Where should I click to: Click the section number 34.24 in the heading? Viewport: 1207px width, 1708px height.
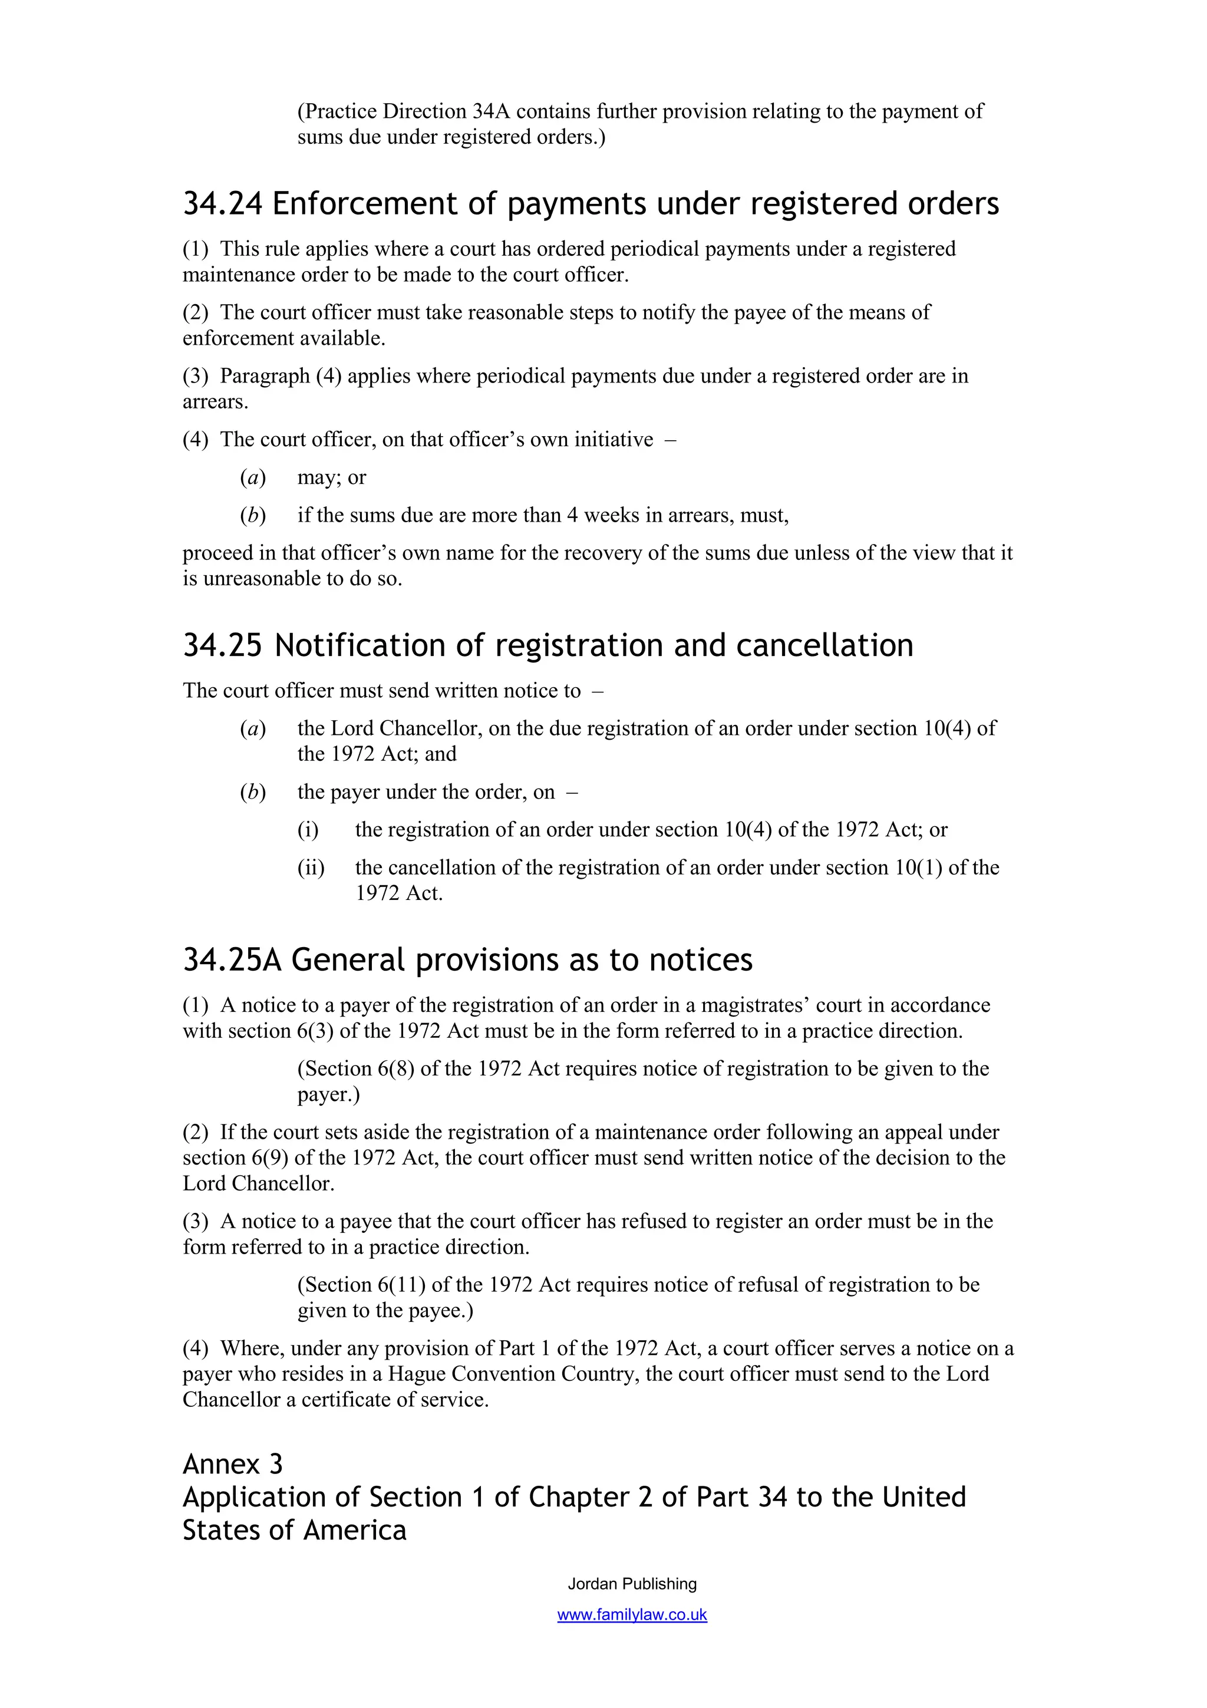click(222, 204)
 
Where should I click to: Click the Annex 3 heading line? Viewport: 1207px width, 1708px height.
click(232, 1464)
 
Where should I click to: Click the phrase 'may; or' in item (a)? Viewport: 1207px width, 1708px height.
click(332, 477)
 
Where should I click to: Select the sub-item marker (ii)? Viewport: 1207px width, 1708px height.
click(311, 868)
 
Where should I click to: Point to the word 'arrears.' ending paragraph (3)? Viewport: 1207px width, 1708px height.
click(216, 402)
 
